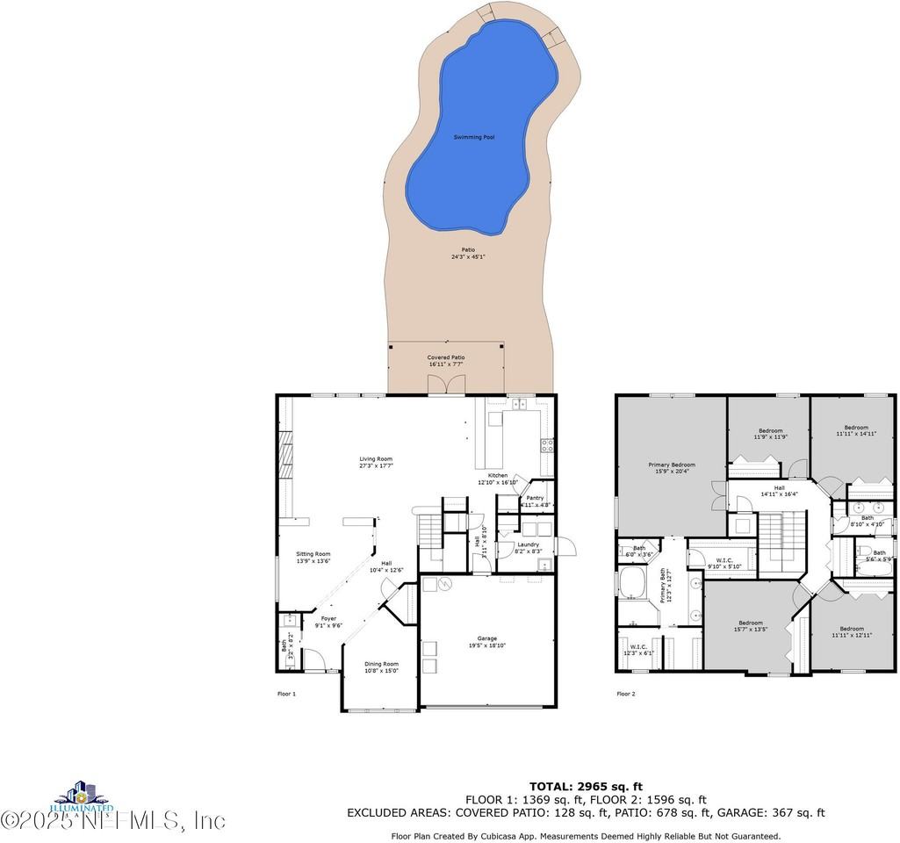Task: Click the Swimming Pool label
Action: coord(473,137)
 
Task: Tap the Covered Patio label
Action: coord(445,357)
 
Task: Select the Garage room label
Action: coord(486,638)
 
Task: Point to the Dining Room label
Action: coord(381,664)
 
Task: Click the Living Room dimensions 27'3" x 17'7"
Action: coord(375,466)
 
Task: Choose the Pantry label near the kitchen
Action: coord(535,498)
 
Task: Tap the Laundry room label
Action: coord(528,544)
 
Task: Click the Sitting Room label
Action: coord(313,554)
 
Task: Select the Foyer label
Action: coord(328,618)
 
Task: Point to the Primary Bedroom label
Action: coord(672,465)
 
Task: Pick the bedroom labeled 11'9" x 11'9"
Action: coord(770,430)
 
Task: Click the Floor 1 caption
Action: coord(287,694)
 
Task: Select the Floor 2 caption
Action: coord(625,694)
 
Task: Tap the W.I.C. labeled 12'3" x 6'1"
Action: coord(638,650)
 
